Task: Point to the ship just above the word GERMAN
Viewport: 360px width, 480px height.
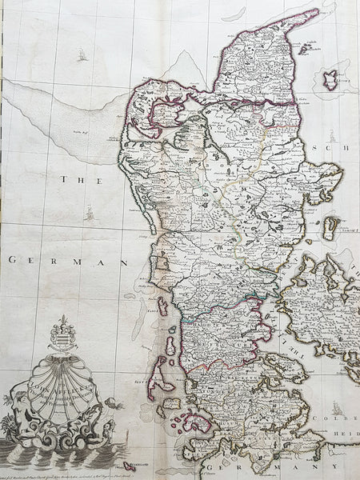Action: [x=91, y=214]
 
